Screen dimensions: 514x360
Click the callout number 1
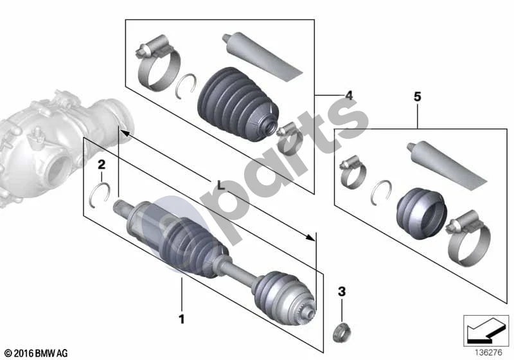(x=181, y=319)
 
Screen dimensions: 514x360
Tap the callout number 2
(x=102, y=165)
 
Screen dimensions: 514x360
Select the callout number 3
(x=342, y=291)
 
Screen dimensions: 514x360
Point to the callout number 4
(x=349, y=95)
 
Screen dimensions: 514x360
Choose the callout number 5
(x=417, y=96)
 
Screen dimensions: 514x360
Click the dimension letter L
(x=221, y=185)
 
